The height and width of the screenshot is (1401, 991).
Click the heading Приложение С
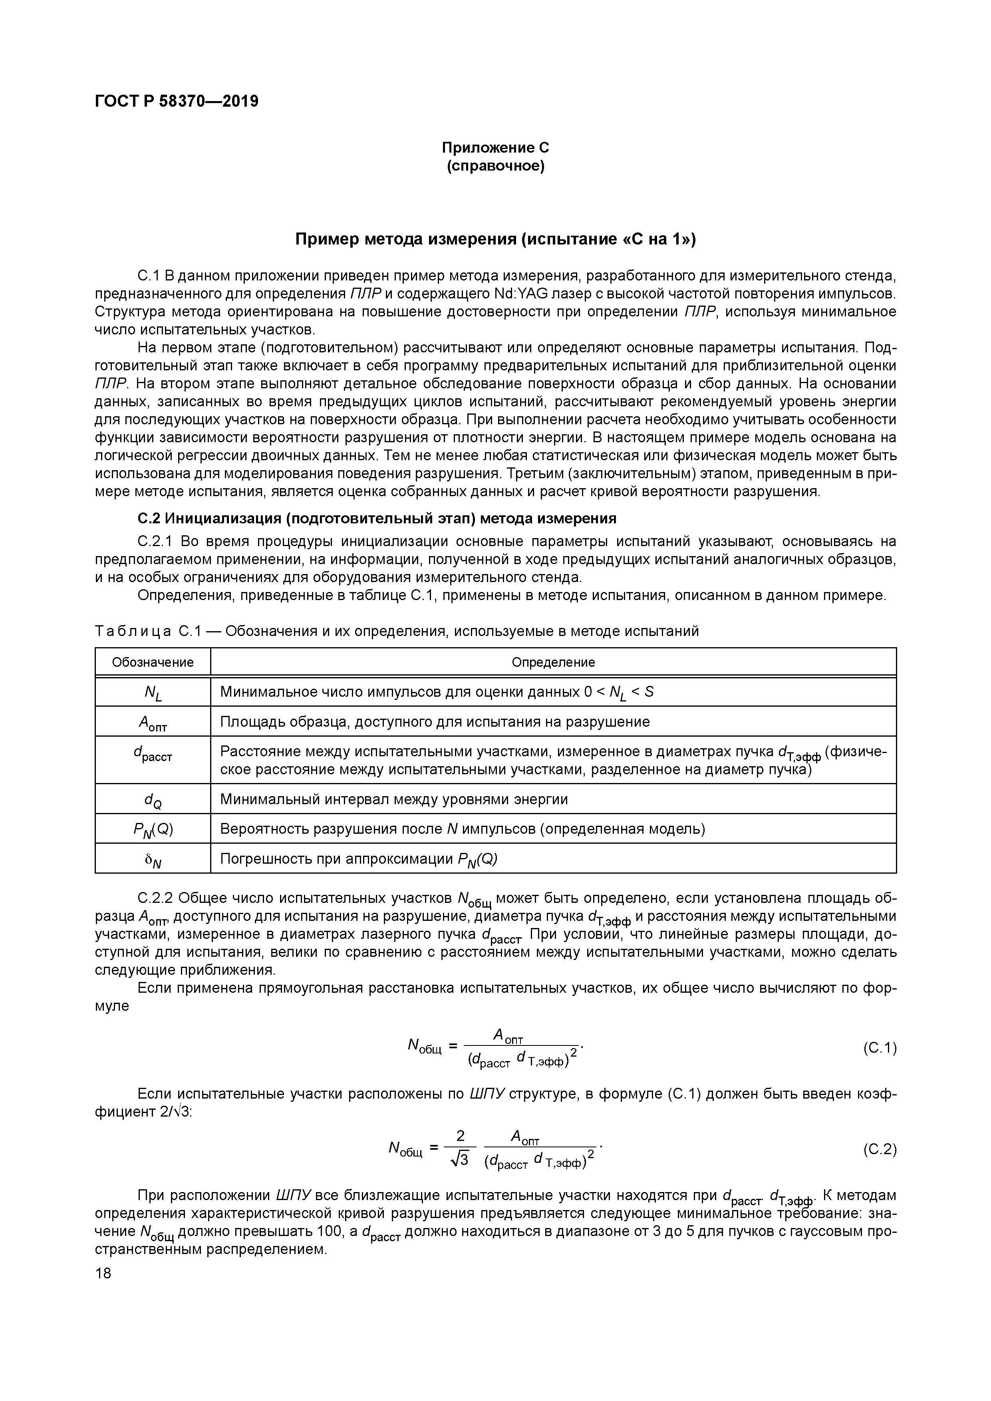tap(495, 148)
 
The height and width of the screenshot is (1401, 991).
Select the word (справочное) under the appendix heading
tap(495, 166)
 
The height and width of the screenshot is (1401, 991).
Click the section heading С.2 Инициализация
tap(377, 518)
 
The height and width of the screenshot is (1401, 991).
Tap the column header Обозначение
tap(153, 662)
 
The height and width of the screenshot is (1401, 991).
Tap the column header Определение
tap(553, 662)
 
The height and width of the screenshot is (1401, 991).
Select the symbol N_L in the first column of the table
tap(153, 693)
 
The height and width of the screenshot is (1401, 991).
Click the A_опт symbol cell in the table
tap(153, 723)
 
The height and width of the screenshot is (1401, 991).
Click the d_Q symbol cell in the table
tap(153, 800)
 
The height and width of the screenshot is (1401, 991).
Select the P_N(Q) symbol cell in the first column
tap(153, 830)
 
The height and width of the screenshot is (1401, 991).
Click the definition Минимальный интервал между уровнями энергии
tap(393, 799)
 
